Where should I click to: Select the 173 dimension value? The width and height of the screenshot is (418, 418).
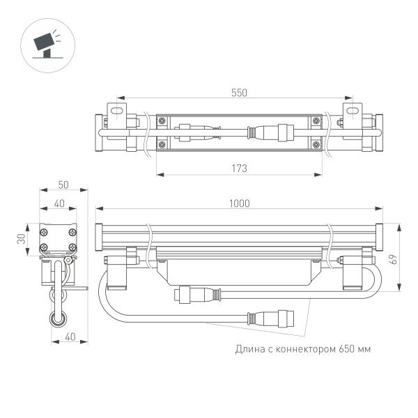click(x=239, y=169)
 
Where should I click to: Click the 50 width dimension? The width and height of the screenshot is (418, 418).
click(x=63, y=185)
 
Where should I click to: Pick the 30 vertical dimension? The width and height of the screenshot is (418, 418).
click(x=22, y=239)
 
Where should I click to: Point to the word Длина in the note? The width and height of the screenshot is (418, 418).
click(x=250, y=348)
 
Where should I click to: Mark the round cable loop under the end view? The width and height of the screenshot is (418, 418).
click(x=56, y=319)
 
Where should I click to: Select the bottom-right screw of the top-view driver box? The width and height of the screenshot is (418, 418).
click(x=317, y=145)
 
